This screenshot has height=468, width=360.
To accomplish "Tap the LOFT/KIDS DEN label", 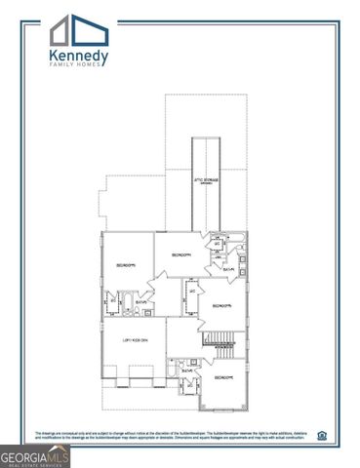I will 135,339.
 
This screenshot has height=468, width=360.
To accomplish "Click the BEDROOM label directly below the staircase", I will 223,377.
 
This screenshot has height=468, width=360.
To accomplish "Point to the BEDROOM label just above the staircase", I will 221,306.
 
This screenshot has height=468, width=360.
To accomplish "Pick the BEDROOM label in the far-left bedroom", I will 125,265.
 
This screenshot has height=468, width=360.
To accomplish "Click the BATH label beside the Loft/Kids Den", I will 186,371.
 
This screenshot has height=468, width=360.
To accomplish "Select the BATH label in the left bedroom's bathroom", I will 140,302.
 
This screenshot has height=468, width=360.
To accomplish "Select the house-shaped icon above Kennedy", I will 72,29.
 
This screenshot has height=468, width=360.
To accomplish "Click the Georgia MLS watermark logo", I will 35,455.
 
